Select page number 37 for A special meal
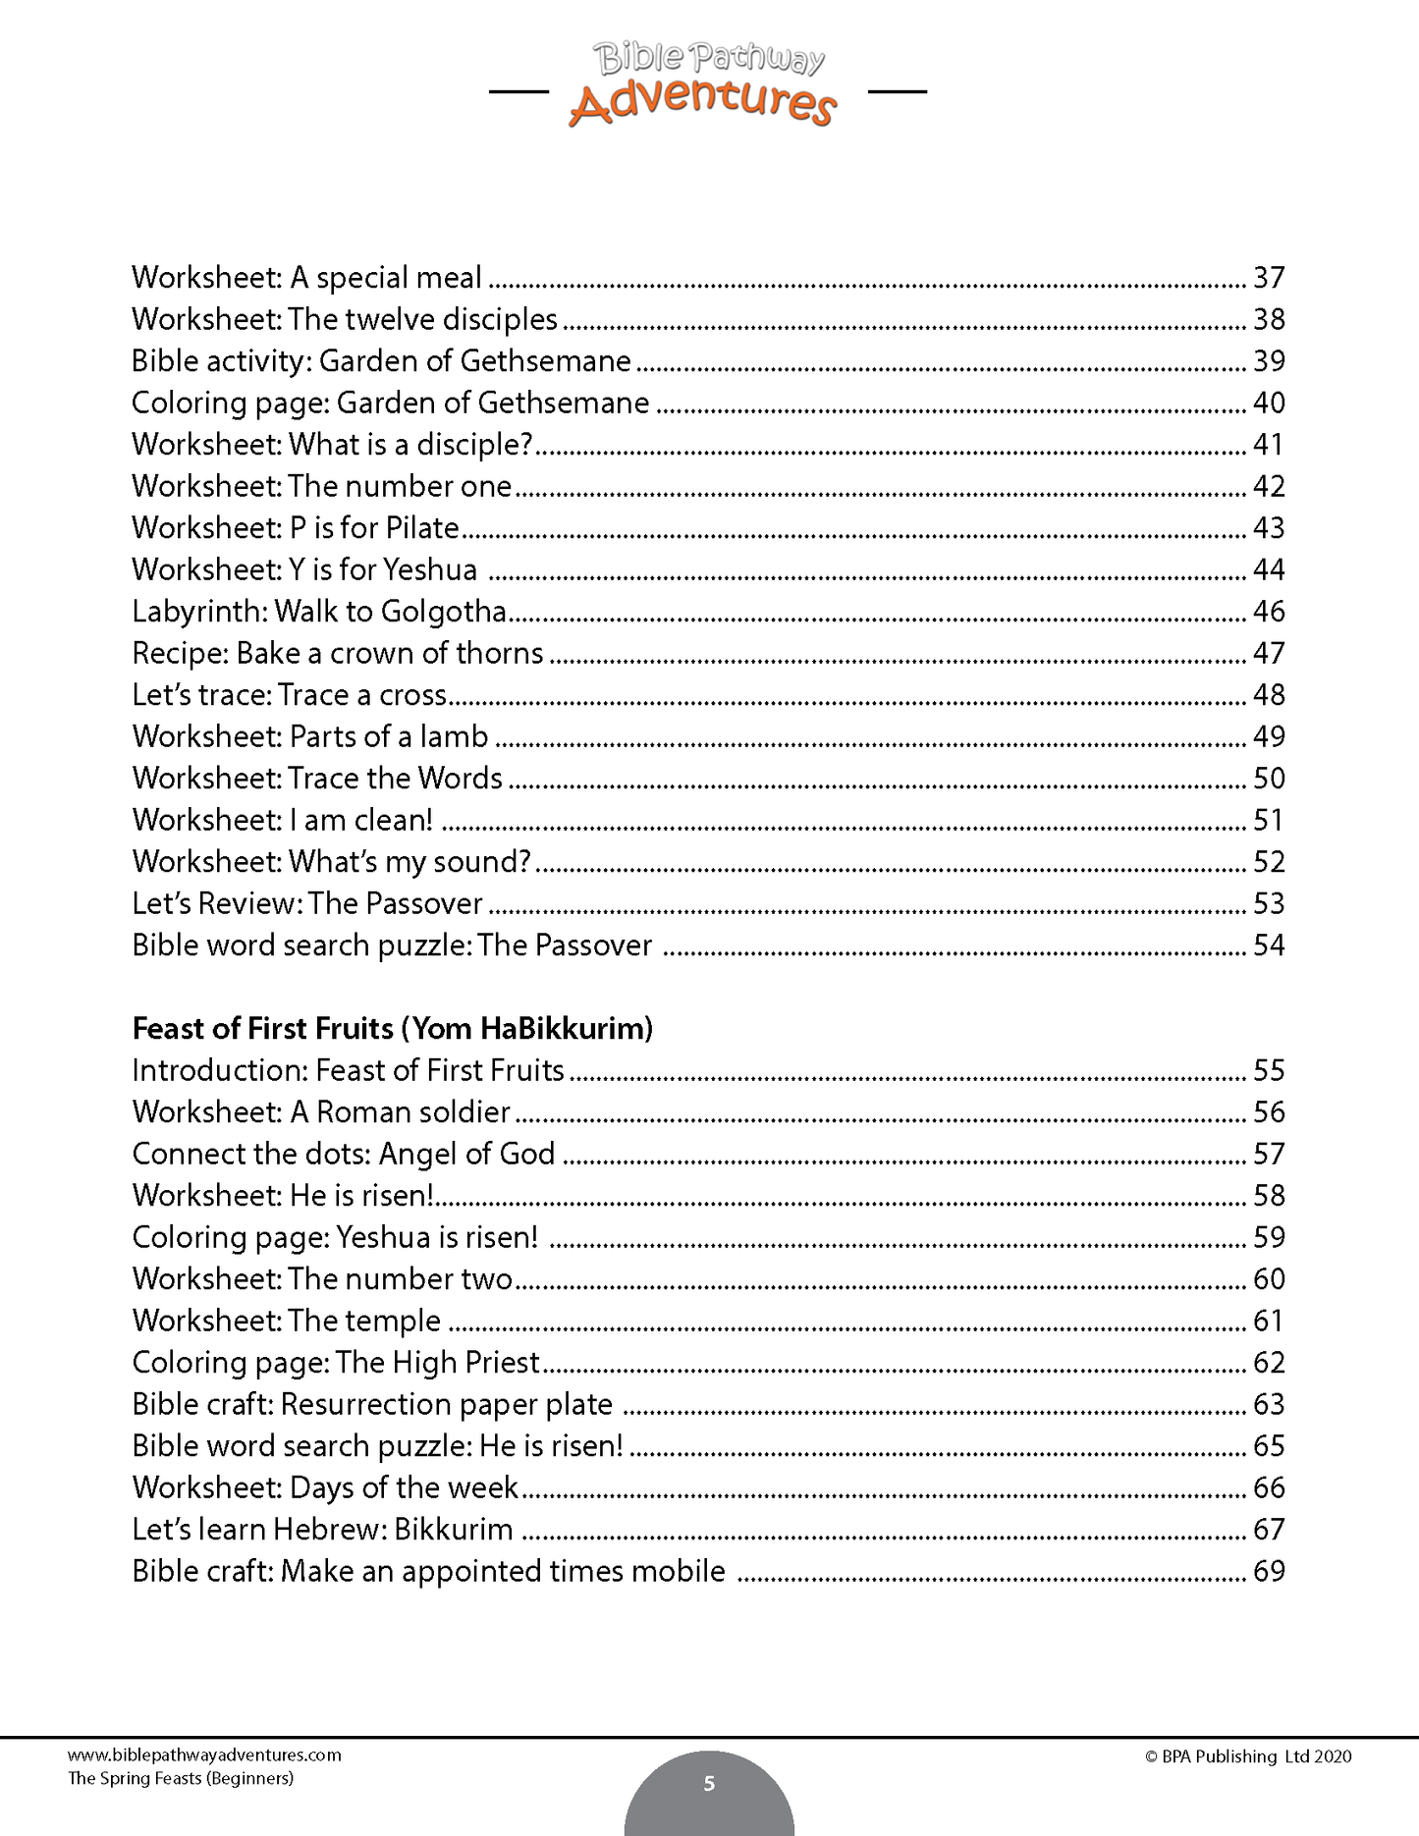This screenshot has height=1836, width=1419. (1269, 278)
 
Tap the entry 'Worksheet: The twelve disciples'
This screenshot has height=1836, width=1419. (345, 320)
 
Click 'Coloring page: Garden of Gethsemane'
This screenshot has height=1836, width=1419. (390, 404)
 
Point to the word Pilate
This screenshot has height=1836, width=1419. (422, 528)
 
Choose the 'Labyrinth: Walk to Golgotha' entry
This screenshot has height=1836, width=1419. (319, 612)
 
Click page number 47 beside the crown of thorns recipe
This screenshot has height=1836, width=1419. (1269, 654)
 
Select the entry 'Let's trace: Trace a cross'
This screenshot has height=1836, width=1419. (290, 695)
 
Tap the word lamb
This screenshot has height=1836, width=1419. (454, 737)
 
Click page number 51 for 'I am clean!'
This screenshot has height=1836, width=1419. (1269, 821)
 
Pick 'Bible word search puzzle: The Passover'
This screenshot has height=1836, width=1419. (392, 945)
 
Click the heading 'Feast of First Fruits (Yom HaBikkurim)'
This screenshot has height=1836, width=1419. (393, 1029)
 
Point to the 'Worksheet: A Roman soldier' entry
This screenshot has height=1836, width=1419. (321, 1112)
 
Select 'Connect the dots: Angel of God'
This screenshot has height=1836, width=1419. (344, 1154)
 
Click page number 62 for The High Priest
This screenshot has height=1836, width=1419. (1269, 1363)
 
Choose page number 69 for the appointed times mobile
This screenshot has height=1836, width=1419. (1269, 1572)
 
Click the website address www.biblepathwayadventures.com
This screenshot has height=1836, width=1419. (204, 1755)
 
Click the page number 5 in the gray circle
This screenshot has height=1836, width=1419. (709, 1784)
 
